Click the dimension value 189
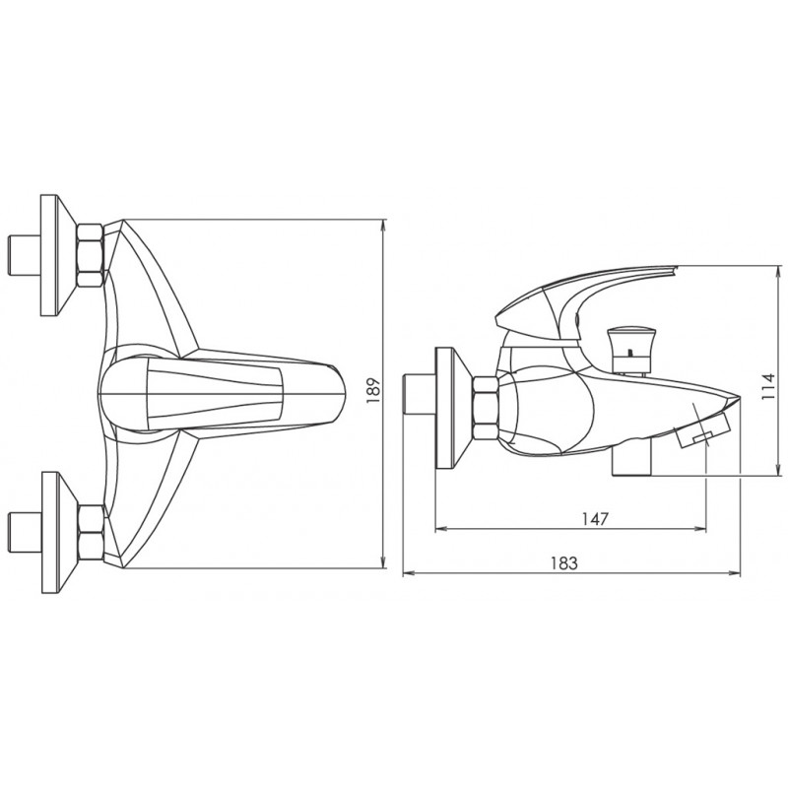click(374, 392)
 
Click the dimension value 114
click(769, 386)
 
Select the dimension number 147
click(595, 518)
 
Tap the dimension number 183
click(564, 562)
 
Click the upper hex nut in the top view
click(90, 255)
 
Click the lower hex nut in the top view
click(92, 532)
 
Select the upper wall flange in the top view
click(58, 255)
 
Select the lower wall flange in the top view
click(60, 533)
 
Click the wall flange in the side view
click(454, 408)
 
